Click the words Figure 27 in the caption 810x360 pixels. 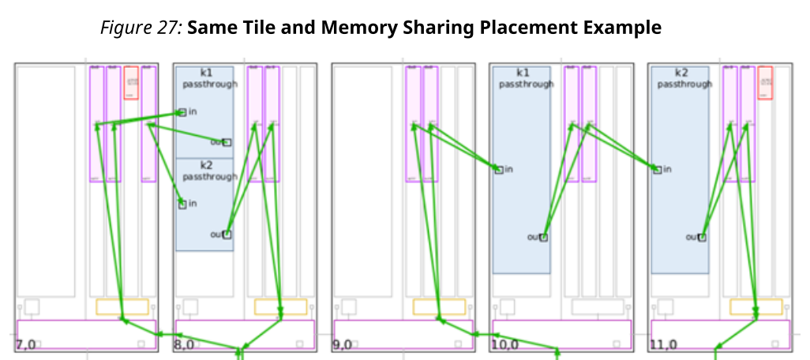tap(141, 28)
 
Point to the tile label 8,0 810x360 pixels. tap(185, 344)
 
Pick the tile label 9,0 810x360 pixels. tap(343, 344)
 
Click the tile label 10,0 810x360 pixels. tap(505, 344)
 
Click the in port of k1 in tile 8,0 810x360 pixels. tap(182, 112)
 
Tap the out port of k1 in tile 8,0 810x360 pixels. tap(227, 142)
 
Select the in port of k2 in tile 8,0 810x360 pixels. tap(182, 204)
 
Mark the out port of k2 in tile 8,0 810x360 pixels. tap(227, 234)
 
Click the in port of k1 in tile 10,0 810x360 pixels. tap(498, 170)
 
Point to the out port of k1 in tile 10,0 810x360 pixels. tap(543, 237)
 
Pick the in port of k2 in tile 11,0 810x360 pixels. tap(657, 170)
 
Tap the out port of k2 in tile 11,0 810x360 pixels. tap(702, 237)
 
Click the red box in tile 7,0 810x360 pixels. tap(131, 82)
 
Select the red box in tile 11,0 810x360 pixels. tap(765, 82)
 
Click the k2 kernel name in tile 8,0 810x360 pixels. tap(206, 165)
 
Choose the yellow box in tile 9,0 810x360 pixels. tap(439, 306)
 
